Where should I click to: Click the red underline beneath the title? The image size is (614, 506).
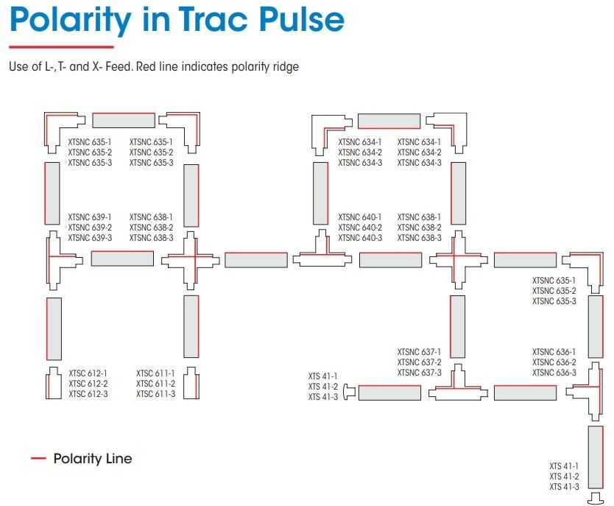[51, 47]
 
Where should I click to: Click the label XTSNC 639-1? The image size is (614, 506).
[90, 217]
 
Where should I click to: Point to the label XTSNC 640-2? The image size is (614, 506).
[360, 228]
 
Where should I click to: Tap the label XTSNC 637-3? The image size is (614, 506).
[419, 373]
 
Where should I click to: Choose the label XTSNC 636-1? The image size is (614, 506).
[554, 352]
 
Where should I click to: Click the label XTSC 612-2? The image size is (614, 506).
[88, 384]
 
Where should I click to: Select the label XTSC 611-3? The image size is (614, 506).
[155, 394]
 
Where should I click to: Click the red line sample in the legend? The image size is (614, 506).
[38, 459]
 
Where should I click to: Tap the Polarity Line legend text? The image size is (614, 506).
[93, 459]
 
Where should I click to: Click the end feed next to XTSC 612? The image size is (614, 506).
[54, 383]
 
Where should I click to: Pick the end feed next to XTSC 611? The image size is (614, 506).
[191, 383]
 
